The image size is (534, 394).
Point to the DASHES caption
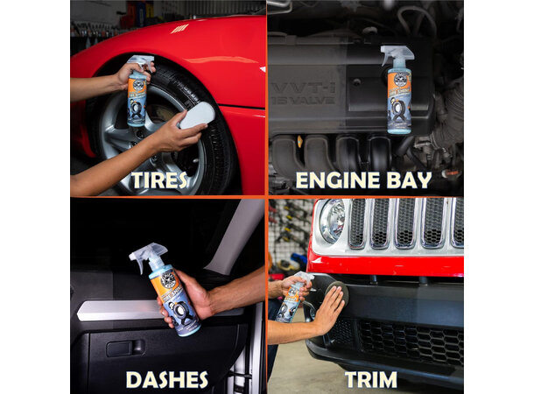click(166, 379)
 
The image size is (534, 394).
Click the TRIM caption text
click(370, 379)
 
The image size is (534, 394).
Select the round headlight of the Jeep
click(332, 220)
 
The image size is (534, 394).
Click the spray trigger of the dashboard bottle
click(144, 257)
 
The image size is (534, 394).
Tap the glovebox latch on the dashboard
click(119, 348)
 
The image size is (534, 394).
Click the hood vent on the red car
click(179, 29)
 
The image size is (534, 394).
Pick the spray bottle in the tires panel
click(138, 92)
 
